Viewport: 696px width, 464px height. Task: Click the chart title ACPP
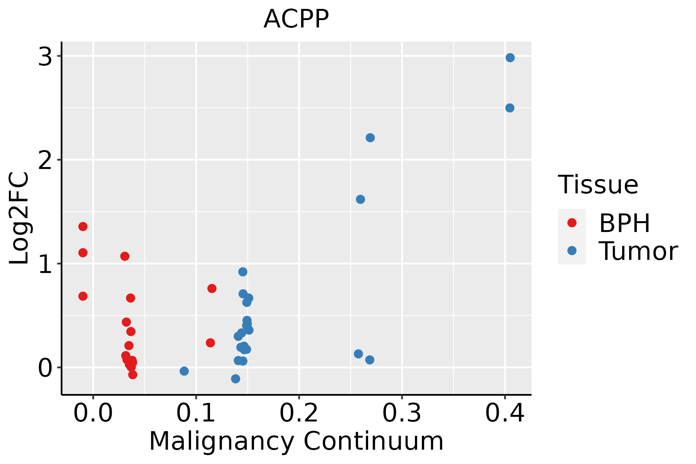(296, 19)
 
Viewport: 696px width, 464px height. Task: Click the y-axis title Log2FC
(19, 218)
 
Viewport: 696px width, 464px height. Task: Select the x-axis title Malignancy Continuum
(296, 441)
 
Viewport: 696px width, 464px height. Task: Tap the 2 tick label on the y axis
(45, 160)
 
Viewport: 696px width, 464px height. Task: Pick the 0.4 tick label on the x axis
(505, 413)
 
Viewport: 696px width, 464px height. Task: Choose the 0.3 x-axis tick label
(402, 413)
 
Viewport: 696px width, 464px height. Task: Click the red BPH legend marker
(571, 223)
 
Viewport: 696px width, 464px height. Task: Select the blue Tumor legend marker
(571, 251)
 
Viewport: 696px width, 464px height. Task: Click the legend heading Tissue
(598, 185)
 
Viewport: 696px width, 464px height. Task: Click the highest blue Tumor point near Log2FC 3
(510, 58)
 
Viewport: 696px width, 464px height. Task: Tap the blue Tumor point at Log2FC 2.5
(510, 108)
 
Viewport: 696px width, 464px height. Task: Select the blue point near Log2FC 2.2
(370, 138)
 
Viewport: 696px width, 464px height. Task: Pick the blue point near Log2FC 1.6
(360, 200)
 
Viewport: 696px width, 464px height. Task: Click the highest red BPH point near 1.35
(83, 227)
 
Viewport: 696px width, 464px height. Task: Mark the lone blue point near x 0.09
(184, 371)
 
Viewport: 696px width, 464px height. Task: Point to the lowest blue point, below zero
(235, 379)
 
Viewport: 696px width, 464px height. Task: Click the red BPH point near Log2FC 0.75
(212, 288)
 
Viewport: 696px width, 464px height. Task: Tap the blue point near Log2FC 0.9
(242, 272)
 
